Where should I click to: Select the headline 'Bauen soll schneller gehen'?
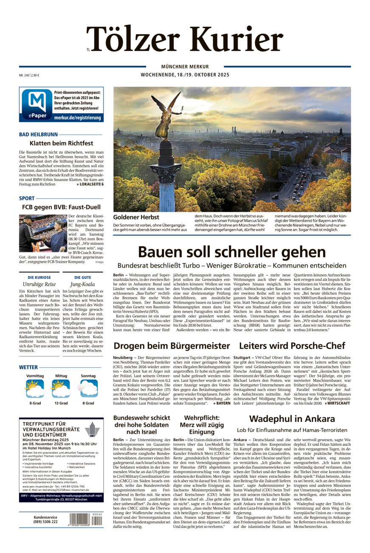(x=232, y=251)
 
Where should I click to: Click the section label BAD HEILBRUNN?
(x=38, y=134)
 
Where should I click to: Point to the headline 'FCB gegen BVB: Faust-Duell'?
(x=61, y=207)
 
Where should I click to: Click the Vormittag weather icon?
(x=35, y=388)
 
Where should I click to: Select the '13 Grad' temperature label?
(x=61, y=403)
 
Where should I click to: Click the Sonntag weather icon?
(x=88, y=388)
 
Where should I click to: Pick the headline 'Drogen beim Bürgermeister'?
(x=172, y=345)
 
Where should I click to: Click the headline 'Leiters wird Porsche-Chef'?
(x=292, y=345)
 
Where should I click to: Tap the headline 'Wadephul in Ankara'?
(x=292, y=418)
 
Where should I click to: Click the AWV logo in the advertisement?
(x=92, y=433)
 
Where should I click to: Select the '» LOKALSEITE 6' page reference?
(x=90, y=184)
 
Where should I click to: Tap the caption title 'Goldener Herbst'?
(x=133, y=217)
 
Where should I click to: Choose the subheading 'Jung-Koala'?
(x=82, y=284)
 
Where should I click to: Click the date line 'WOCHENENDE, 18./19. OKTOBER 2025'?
(x=185, y=75)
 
